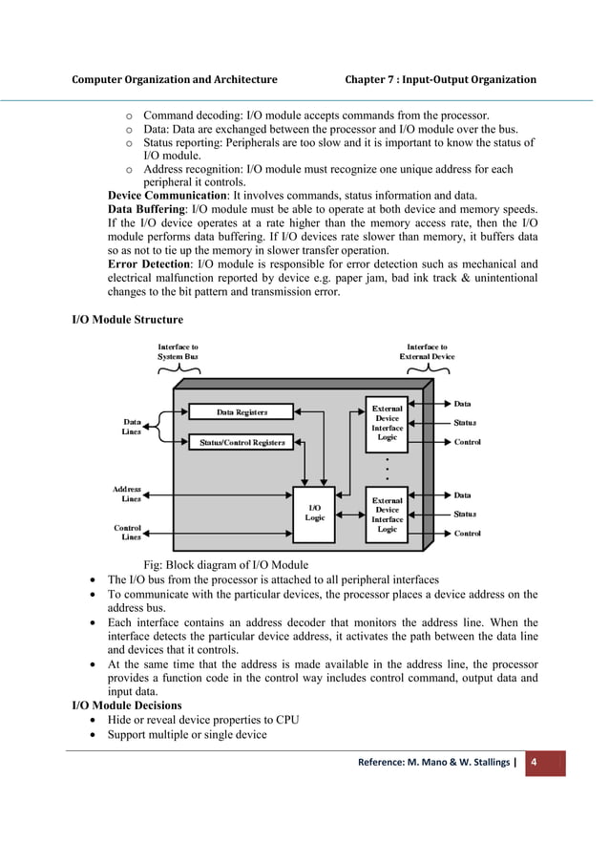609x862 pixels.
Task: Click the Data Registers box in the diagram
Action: [x=241, y=412]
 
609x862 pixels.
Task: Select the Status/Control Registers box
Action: [x=241, y=443]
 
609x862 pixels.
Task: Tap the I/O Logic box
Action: [x=314, y=513]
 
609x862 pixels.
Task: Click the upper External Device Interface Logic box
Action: [x=387, y=423]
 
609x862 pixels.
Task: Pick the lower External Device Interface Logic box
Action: [x=387, y=515]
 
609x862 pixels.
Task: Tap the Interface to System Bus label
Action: [x=178, y=351]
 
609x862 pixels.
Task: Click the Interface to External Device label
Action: [x=427, y=351]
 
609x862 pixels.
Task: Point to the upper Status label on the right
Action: [x=465, y=422]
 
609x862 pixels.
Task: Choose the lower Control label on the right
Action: [x=467, y=533]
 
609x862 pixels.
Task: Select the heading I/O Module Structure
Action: [x=128, y=318]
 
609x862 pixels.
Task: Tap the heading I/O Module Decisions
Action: [x=127, y=704]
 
